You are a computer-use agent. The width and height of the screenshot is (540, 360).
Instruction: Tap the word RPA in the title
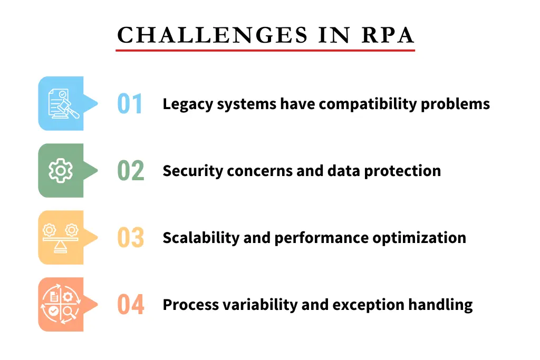click(388, 35)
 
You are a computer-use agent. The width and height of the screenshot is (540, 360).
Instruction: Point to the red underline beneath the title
click(265, 50)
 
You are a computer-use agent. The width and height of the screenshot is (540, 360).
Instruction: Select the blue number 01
click(130, 104)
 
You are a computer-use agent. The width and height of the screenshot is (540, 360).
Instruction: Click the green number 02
click(130, 171)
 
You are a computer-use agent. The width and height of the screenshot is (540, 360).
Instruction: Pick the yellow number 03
click(130, 238)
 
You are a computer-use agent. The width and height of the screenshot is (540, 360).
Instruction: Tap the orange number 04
click(130, 305)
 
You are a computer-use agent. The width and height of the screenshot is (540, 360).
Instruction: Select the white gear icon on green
click(61, 170)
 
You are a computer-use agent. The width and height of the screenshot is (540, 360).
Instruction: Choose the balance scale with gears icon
click(61, 238)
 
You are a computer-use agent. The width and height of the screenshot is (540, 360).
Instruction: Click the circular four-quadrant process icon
click(61, 305)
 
